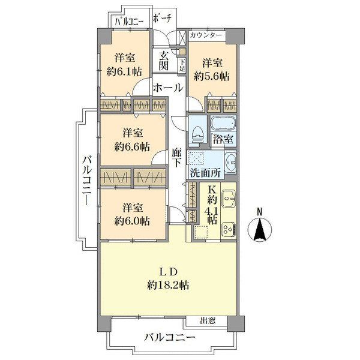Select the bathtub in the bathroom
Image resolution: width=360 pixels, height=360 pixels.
point(223,123)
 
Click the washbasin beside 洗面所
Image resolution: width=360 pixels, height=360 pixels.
point(230,162)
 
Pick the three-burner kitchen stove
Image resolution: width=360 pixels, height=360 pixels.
point(228,230)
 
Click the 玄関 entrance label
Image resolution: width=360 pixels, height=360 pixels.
point(164,61)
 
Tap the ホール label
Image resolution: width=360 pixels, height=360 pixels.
point(168,88)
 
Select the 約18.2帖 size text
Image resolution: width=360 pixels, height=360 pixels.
point(168,286)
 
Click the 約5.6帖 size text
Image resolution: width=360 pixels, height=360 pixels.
point(212,76)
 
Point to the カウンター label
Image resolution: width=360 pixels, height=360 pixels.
point(206,35)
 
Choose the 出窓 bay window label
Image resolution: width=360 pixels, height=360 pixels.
point(208,320)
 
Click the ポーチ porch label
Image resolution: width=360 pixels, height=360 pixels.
point(162,19)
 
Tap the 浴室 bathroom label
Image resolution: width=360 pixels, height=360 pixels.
point(223,139)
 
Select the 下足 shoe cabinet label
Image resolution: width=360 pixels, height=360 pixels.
point(182,65)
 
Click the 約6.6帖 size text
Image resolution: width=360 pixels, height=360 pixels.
point(132,146)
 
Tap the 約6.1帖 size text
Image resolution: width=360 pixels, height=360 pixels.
point(124,71)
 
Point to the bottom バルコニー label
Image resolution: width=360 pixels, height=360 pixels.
point(170,337)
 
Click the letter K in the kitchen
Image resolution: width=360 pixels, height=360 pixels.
point(212,190)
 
